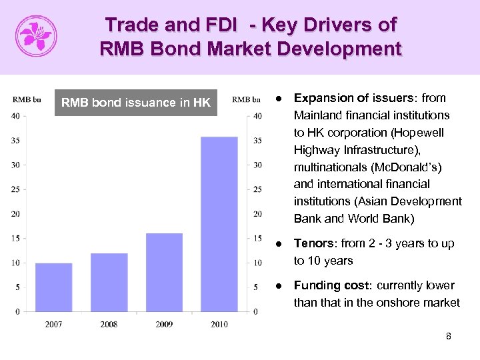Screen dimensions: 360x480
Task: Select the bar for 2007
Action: [x=54, y=287]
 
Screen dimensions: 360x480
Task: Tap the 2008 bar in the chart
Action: [x=109, y=282]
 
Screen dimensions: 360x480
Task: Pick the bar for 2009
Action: [x=164, y=272]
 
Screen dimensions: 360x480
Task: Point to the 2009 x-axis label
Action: [x=164, y=325]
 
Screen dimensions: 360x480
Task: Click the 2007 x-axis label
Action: [x=54, y=325]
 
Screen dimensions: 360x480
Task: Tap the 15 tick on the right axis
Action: [x=257, y=238]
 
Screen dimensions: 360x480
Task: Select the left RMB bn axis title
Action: [x=27, y=100]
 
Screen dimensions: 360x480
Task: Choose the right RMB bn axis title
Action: [x=247, y=100]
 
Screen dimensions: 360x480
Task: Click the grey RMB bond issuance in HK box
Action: [x=136, y=102]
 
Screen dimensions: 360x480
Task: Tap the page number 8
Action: [x=448, y=337]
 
